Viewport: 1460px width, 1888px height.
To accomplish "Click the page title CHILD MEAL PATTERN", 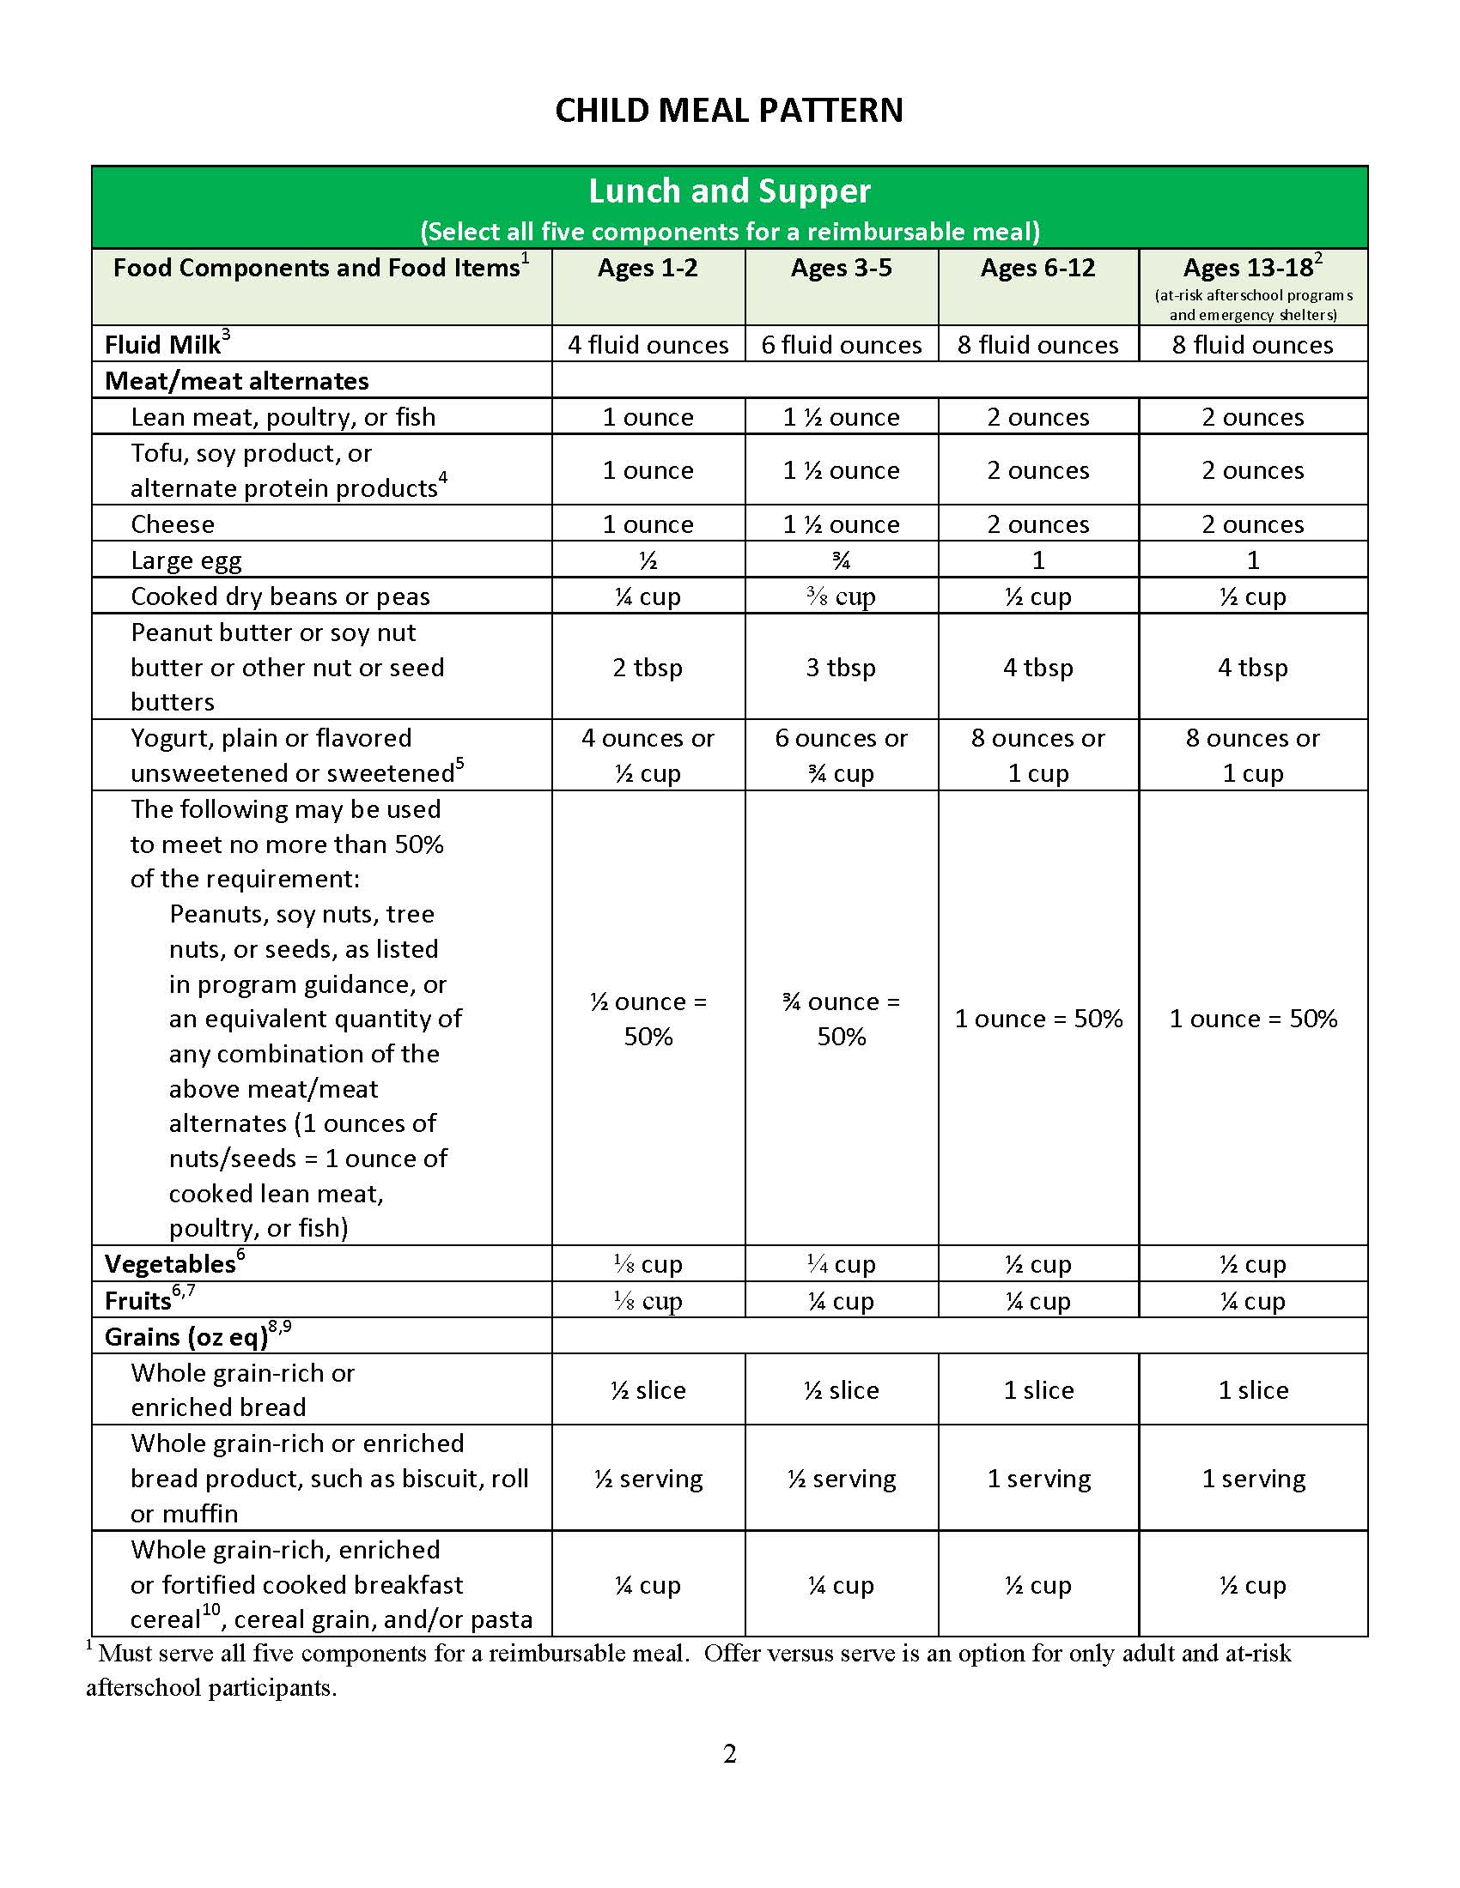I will (729, 111).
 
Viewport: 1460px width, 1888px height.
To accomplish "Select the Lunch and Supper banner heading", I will (729, 191).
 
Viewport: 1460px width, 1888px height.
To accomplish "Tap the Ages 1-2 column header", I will (648, 268).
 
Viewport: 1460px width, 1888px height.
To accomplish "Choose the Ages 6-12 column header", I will (1038, 268).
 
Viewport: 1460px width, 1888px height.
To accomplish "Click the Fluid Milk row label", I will (162, 345).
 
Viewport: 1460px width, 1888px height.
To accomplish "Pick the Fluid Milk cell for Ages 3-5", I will (842, 345).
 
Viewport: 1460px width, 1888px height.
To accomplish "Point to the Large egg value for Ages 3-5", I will (842, 561).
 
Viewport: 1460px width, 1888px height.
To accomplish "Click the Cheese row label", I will (173, 524).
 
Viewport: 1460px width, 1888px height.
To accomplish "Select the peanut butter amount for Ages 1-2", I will (648, 668).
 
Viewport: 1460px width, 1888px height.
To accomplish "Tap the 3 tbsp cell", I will (842, 668).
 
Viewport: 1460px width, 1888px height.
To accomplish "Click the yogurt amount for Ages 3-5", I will (842, 755).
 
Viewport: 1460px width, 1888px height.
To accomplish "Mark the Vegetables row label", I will (170, 1264).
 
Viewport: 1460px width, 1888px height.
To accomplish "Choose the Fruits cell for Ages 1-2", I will (648, 1301).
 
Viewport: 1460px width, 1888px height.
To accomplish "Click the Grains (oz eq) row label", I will (187, 1337).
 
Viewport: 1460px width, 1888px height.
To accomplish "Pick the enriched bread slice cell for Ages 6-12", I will (1038, 1390).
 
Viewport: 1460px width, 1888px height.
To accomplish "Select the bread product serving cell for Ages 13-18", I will (1253, 1480).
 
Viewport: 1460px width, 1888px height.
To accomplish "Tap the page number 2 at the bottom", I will (729, 1754).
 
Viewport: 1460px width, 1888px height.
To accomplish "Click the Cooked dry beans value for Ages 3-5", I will (842, 596).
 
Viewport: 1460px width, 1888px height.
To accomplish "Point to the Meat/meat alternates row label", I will (237, 381).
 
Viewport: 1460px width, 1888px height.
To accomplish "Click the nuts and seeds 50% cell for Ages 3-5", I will (842, 1019).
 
